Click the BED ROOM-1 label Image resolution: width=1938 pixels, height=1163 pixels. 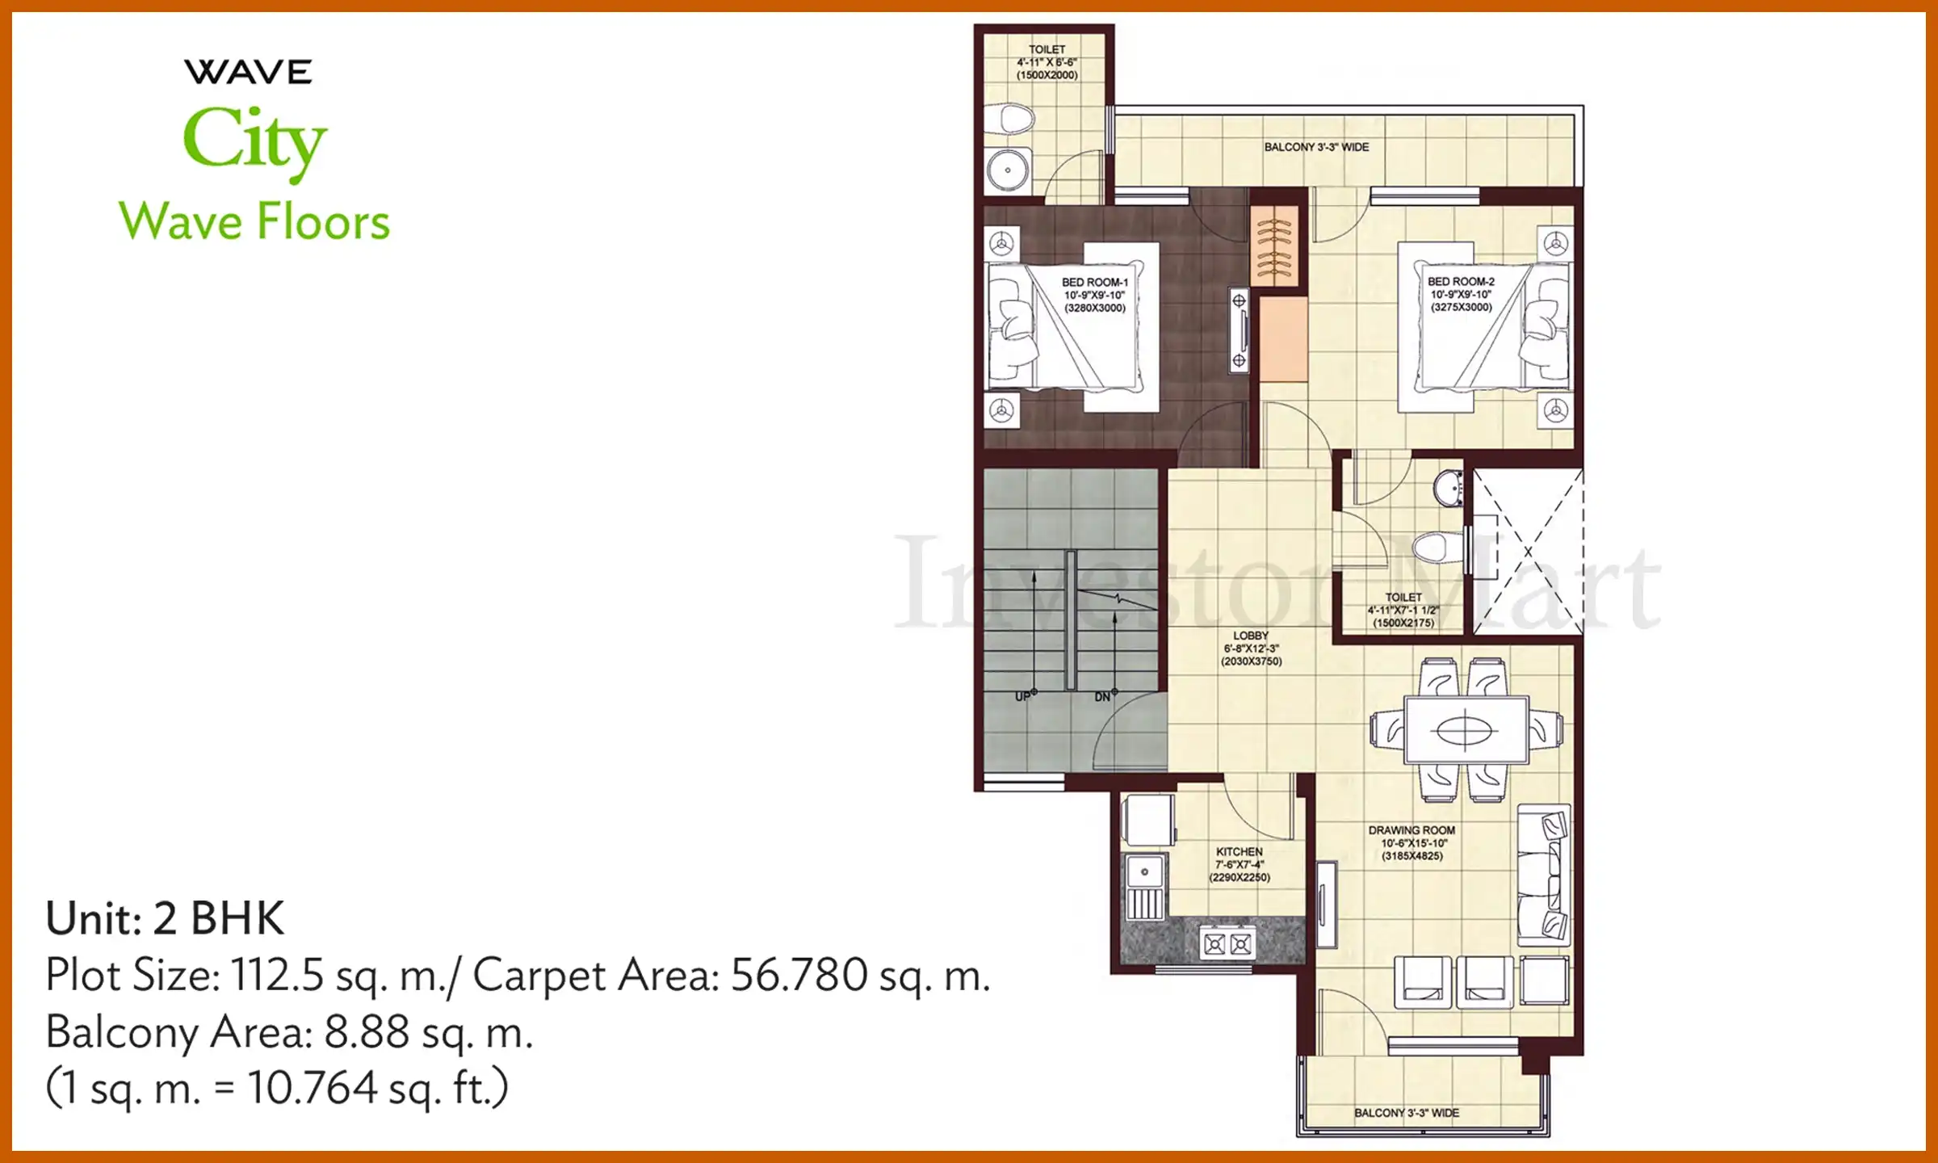(1094, 283)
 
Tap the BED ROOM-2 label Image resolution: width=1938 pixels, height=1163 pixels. (1461, 282)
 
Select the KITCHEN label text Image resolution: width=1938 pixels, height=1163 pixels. (1239, 852)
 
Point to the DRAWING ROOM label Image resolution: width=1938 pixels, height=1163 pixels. (1412, 830)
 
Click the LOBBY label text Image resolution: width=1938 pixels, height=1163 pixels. (1251, 636)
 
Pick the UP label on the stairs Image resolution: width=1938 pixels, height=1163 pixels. (1023, 696)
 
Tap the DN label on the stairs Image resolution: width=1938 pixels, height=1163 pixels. (1103, 696)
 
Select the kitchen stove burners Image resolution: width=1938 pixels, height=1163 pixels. (1227, 943)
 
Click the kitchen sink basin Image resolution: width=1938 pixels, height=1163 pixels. (1144, 872)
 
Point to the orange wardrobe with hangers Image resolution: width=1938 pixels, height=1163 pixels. (1274, 245)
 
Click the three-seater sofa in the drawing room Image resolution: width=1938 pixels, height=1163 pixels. (1543, 875)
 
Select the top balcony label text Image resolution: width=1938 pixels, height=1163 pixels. (1316, 147)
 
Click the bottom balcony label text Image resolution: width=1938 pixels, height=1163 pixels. (1406, 1113)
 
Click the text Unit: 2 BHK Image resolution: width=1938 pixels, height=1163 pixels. (165, 918)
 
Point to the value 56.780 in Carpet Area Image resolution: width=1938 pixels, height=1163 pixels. (799, 975)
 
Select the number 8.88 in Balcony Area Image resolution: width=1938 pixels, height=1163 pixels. (367, 1032)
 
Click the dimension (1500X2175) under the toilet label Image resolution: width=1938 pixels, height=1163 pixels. (1403, 623)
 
